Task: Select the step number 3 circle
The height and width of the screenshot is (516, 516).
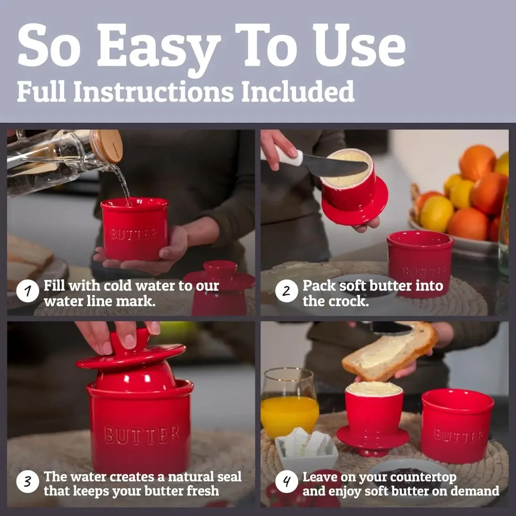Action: point(27,483)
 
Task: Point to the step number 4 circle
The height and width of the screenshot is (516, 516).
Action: point(286,483)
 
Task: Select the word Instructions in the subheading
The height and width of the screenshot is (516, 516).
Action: point(153,92)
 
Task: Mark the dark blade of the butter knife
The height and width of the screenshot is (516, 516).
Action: point(335,166)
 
